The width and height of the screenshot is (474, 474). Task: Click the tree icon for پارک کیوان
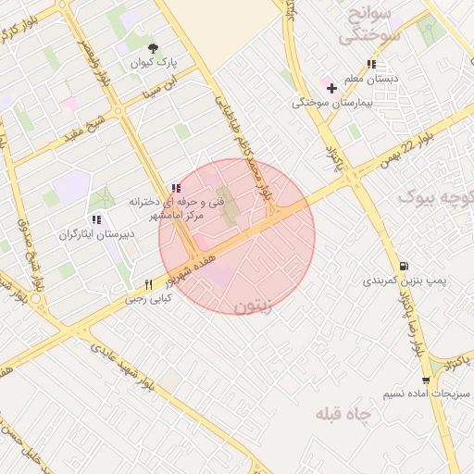pos(154,48)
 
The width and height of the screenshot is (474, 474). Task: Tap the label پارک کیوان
pos(153,63)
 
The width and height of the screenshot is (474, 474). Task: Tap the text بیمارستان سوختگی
pos(331,102)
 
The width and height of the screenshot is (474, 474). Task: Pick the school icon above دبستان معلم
pos(371,64)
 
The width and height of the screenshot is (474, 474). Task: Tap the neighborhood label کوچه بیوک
pos(435,197)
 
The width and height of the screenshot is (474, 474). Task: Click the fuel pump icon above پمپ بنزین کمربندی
pos(403,264)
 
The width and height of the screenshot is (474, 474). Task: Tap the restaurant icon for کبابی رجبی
pos(147,285)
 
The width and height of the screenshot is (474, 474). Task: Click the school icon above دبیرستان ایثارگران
pos(96,219)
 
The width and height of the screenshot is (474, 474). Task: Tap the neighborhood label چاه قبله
pos(343,413)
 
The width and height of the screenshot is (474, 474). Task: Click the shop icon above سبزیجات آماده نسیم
pos(425,380)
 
